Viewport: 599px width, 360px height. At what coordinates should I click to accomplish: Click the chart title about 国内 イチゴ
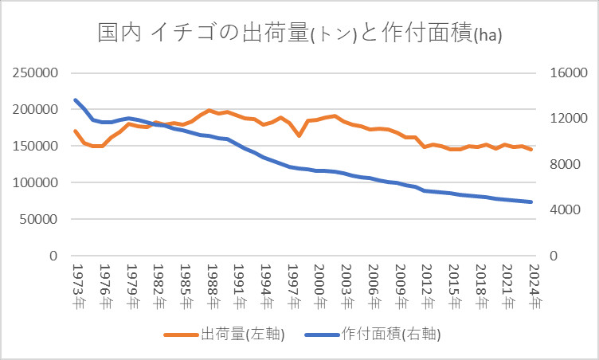(299, 34)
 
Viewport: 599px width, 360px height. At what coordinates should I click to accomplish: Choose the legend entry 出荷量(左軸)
(225, 333)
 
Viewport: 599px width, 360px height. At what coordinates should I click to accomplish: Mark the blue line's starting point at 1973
(75, 100)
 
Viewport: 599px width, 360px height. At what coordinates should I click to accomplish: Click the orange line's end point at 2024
(531, 149)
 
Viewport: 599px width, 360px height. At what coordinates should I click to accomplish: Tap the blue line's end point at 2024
(531, 202)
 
